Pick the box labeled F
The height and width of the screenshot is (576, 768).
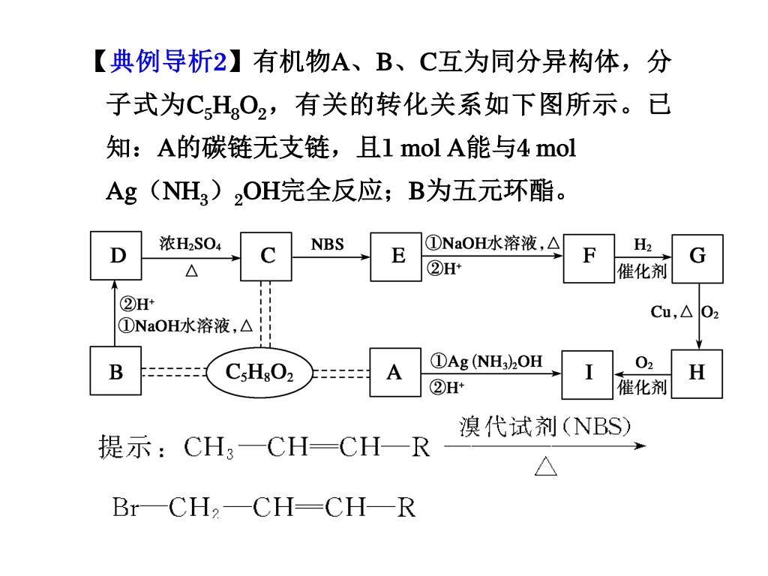pos(589,256)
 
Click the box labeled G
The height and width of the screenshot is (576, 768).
pos(697,256)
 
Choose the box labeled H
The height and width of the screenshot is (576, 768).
pos(697,372)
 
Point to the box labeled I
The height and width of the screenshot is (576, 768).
pos(589,372)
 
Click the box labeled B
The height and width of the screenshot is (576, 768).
pos(115,372)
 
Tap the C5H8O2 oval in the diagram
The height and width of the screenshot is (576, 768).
pos(259,372)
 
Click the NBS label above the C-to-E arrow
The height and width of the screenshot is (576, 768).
pos(327,244)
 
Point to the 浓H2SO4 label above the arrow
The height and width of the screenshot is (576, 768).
pos(190,244)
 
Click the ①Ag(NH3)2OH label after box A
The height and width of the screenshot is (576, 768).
pos(486,361)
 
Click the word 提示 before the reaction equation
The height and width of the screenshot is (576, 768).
pos(125,448)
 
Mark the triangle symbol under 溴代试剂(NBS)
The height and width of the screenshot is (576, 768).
pos(546,467)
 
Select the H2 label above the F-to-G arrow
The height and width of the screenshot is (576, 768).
pos(643,244)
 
